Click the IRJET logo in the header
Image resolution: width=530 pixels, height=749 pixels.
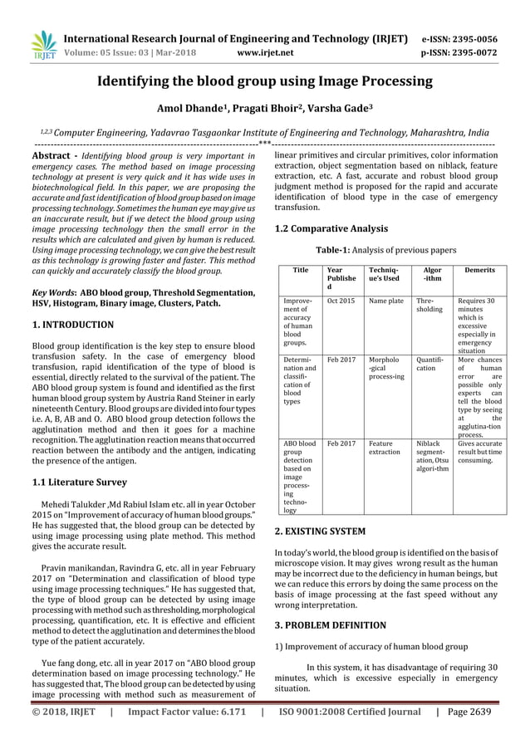[41, 46]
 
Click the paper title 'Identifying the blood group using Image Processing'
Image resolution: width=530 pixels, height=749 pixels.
[265, 81]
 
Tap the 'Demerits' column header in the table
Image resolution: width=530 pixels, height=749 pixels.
[480, 271]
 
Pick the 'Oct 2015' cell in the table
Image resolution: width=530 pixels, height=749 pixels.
[341, 301]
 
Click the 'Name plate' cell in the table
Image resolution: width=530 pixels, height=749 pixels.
[385, 301]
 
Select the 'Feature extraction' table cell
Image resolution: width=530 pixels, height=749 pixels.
[385, 448]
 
